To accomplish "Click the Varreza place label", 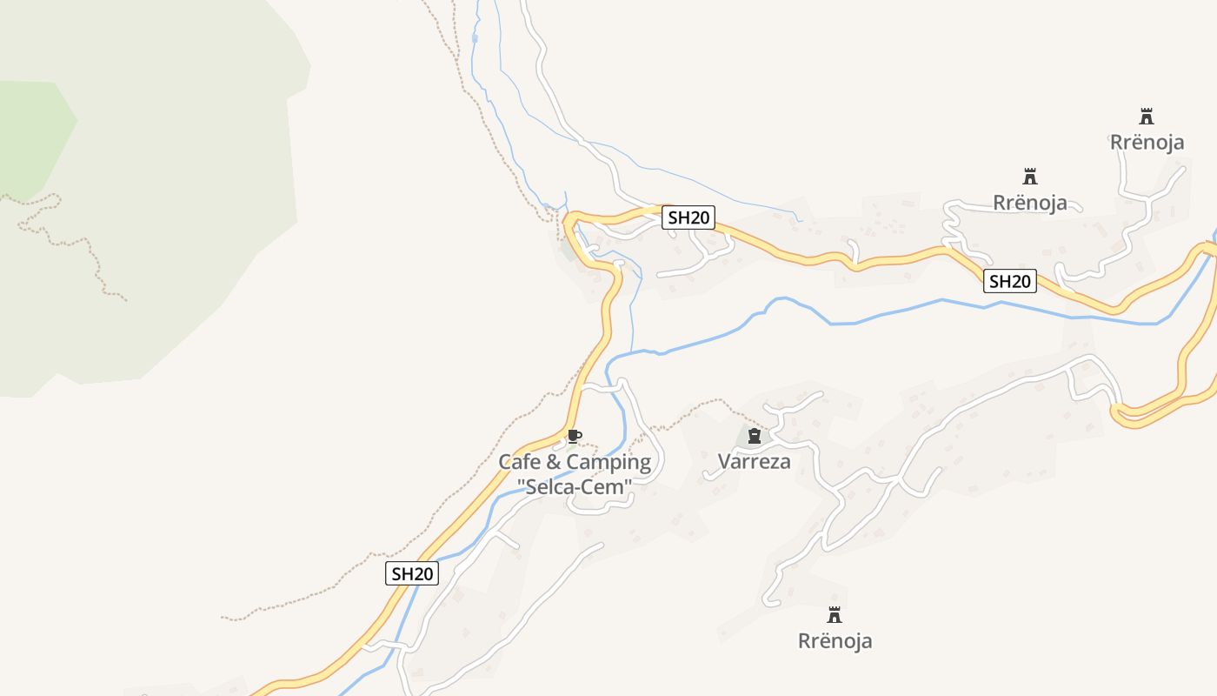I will (755, 461).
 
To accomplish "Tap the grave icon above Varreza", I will (755, 436).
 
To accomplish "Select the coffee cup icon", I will (574, 436).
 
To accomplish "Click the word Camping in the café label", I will (612, 462).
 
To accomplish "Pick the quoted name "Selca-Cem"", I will (574, 487).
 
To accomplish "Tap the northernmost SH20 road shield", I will (688, 217).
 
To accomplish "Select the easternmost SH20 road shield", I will (1010, 281).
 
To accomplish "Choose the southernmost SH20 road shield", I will (412, 573).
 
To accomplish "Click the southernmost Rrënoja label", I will (835, 641).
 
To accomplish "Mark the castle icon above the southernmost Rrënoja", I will (835, 615).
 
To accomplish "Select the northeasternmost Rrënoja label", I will (1147, 142).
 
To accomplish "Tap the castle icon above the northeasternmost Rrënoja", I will (1147, 116).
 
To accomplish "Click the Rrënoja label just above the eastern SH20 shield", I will (1030, 203).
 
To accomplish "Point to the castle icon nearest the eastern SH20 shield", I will (1030, 177).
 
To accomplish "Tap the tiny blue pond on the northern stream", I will (474, 38).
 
